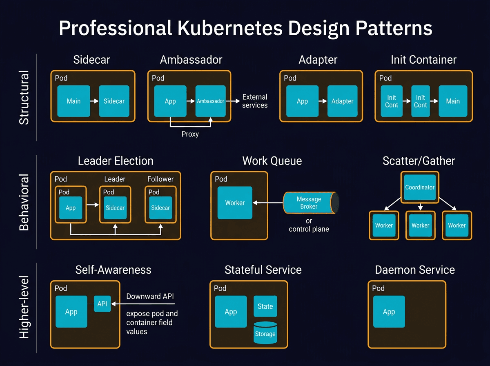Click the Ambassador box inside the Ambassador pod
point(210,101)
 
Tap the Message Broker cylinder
point(310,203)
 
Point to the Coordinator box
point(420,187)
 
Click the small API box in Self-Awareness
point(102,304)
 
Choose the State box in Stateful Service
point(265,306)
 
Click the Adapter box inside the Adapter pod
point(342,101)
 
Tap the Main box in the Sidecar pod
point(73,101)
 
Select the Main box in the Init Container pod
point(453,101)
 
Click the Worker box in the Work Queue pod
point(235,203)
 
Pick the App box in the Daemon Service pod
point(389,312)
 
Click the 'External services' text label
point(255,101)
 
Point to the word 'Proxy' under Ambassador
point(190,134)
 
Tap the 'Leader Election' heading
point(116,161)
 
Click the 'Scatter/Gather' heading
point(419,161)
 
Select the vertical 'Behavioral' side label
point(24,202)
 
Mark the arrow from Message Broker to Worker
point(267,203)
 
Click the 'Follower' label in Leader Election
point(160,179)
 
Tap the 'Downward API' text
point(150,296)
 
